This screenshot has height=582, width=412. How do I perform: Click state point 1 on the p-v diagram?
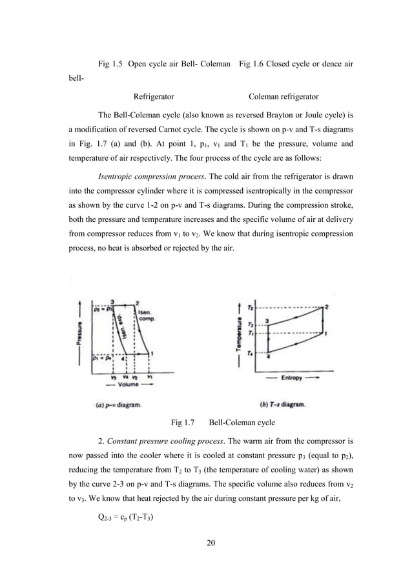coord(152,353)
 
